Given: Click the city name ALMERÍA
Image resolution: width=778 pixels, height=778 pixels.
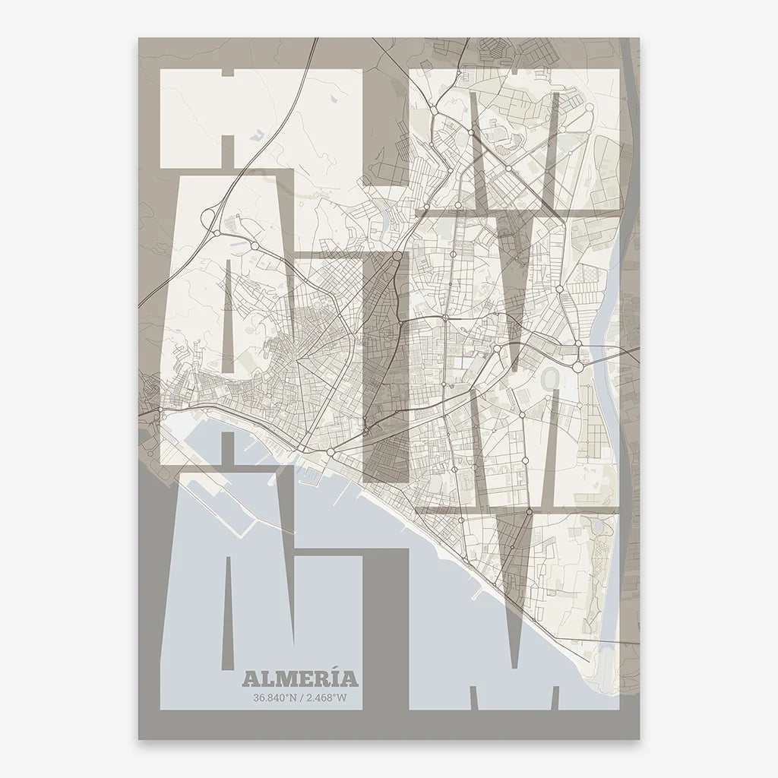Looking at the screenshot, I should [x=299, y=678].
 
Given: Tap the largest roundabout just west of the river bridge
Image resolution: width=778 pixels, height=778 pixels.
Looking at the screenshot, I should [x=577, y=367].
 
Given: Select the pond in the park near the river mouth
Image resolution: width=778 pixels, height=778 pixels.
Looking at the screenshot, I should [x=605, y=523].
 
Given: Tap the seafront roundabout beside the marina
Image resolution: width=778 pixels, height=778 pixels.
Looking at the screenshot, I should [x=330, y=453].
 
